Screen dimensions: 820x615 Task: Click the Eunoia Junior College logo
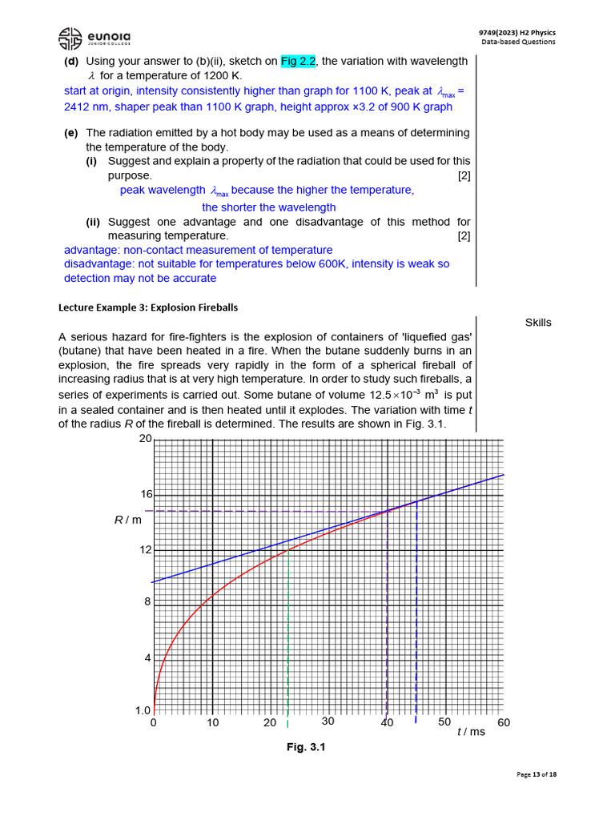[95, 37]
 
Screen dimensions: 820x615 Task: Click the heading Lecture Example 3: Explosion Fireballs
[148, 307]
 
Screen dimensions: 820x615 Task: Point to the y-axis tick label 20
[145, 439]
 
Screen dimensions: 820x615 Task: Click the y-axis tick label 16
[145, 495]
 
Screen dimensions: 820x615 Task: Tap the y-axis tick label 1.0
[143, 710]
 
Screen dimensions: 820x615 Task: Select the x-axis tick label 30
[328, 721]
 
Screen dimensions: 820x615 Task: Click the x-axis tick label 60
[503, 722]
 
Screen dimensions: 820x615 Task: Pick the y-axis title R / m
[128, 520]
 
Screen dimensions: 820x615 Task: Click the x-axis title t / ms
[471, 732]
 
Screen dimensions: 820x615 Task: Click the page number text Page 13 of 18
[537, 774]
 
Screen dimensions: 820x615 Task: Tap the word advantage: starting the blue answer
[92, 250]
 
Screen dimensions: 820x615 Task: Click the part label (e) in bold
[71, 133]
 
